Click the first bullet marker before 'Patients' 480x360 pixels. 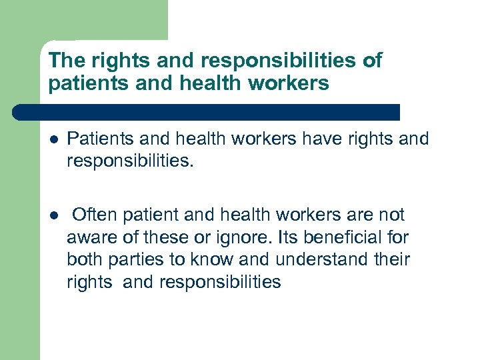(x=53, y=139)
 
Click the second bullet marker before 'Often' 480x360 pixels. (x=53, y=215)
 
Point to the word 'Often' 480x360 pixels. (x=93, y=215)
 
